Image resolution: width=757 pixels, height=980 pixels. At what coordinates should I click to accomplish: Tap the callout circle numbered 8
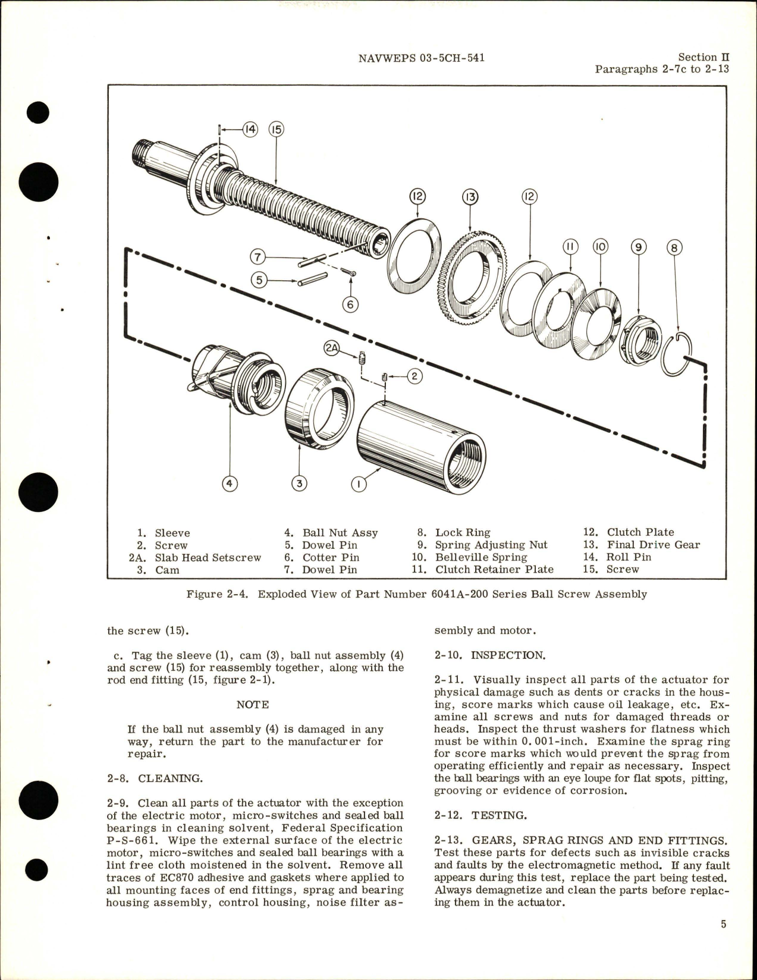pyautogui.click(x=673, y=247)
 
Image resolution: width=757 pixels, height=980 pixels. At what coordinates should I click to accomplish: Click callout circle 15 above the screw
pyautogui.click(x=276, y=130)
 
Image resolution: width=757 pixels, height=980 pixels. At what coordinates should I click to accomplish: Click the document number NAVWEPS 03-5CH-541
pyautogui.click(x=422, y=58)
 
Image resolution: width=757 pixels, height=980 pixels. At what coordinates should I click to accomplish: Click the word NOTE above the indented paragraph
pyautogui.click(x=252, y=705)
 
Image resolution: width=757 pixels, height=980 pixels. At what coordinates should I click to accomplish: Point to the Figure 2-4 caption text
pyautogui.click(x=416, y=594)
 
